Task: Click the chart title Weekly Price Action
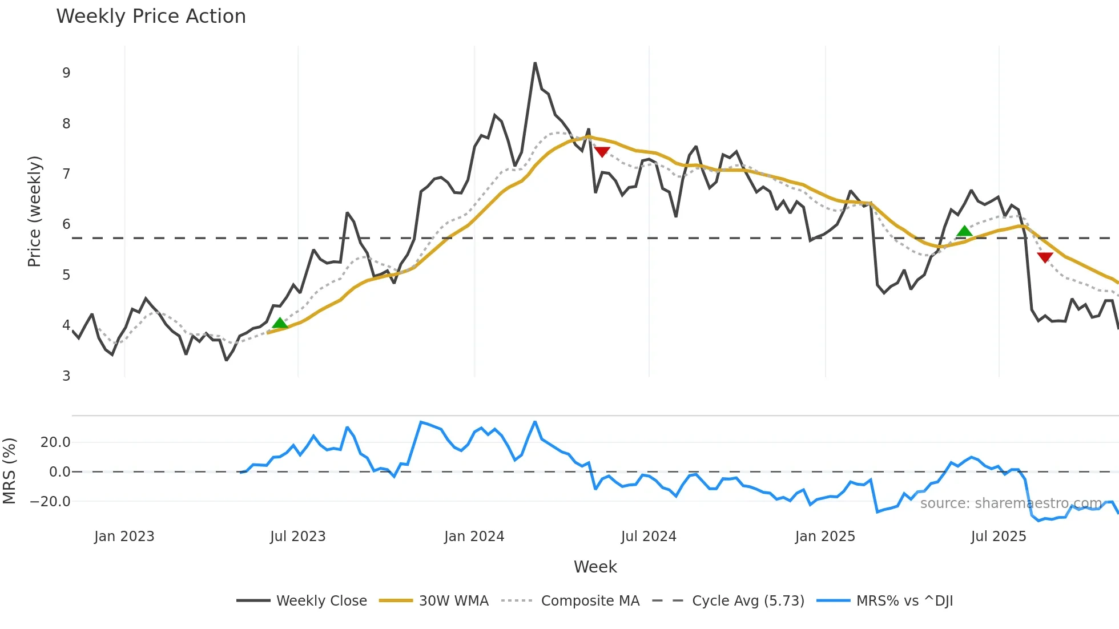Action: click(x=151, y=17)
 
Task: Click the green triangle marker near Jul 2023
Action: click(x=280, y=324)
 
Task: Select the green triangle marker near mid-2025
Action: click(x=964, y=231)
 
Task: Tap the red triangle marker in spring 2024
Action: click(x=602, y=151)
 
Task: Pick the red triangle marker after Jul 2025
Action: click(x=1045, y=257)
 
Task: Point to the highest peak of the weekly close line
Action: click(x=535, y=63)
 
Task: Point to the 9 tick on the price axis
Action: click(x=66, y=73)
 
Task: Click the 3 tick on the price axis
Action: click(x=66, y=376)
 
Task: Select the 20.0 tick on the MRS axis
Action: click(x=55, y=442)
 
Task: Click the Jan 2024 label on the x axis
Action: click(x=474, y=537)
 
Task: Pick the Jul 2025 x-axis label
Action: click(x=998, y=537)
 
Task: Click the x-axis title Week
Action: click(x=595, y=567)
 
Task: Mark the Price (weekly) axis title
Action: click(x=34, y=211)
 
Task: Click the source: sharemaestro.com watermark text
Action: click(x=1011, y=503)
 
